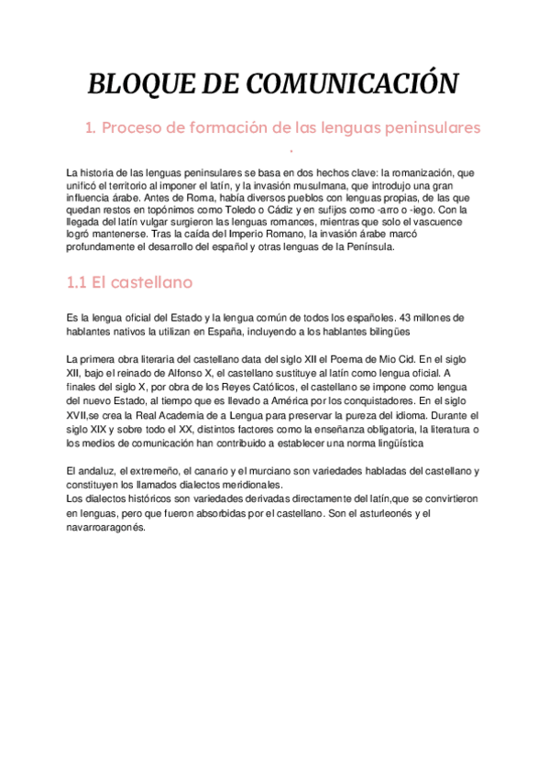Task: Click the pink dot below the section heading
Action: click(x=291, y=152)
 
